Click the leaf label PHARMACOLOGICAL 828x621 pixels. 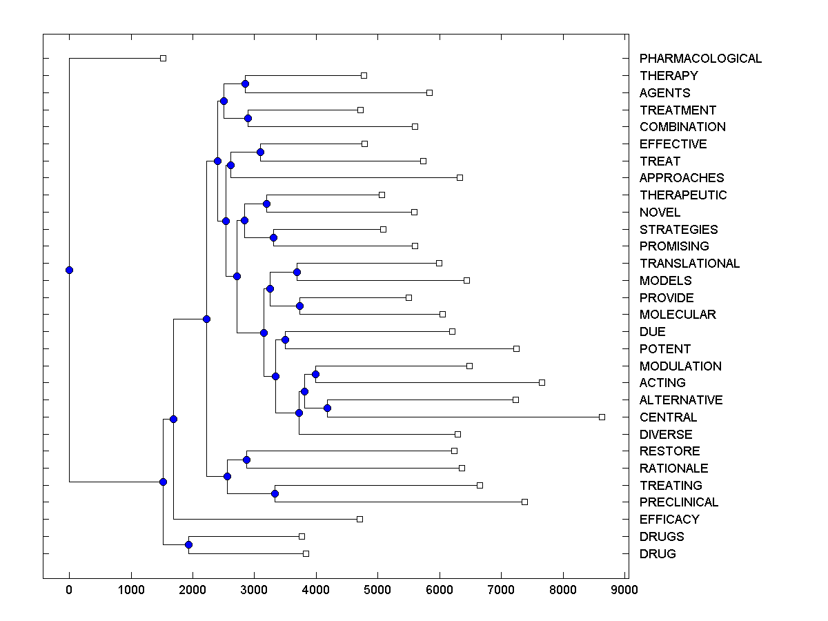[x=700, y=59]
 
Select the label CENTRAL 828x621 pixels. [x=668, y=417]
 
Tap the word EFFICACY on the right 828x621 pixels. [x=669, y=520]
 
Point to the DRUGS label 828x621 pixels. [x=662, y=537]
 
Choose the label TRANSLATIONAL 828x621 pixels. [x=689, y=264]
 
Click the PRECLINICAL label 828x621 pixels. [x=679, y=502]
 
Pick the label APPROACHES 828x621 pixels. [x=682, y=178]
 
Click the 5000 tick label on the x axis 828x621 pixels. [x=377, y=589]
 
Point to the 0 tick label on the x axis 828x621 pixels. [x=69, y=589]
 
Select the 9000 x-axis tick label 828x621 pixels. [x=624, y=589]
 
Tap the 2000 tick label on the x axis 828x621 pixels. [x=193, y=589]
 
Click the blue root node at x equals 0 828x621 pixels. [x=69, y=270]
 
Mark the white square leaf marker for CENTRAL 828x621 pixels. [x=602, y=417]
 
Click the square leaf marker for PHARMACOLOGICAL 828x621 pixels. [x=163, y=59]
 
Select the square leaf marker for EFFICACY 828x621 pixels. [x=359, y=519]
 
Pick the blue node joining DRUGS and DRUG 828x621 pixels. [x=188, y=545]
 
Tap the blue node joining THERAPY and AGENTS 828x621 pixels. [x=245, y=84]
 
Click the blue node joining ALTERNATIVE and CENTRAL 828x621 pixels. [x=327, y=408]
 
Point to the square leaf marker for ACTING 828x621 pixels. [x=542, y=382]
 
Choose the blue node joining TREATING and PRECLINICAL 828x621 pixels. [x=275, y=493]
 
